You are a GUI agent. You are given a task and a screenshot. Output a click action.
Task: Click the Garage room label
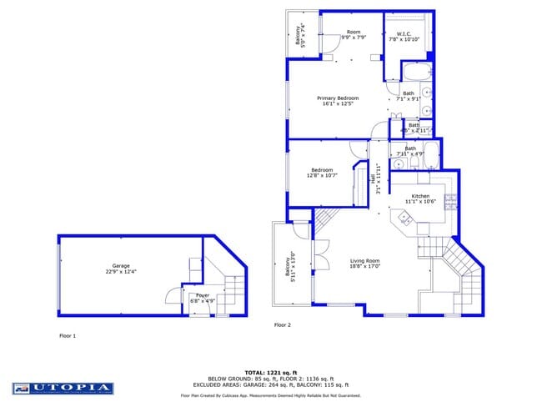(x=117, y=268)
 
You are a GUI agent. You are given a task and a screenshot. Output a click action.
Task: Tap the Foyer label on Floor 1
(x=203, y=298)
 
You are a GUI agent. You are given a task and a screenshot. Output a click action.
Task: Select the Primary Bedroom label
(x=337, y=101)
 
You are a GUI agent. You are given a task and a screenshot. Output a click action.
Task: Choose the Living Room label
(x=364, y=264)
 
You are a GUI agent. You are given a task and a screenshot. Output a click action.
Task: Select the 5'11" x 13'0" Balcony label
(x=291, y=269)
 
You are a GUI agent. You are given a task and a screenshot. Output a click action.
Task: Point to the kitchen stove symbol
(x=450, y=201)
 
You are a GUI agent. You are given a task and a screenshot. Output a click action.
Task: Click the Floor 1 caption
(x=68, y=336)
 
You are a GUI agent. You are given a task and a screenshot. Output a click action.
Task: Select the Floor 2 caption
(x=282, y=324)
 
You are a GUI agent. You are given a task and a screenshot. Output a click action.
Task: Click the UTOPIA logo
(x=63, y=388)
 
